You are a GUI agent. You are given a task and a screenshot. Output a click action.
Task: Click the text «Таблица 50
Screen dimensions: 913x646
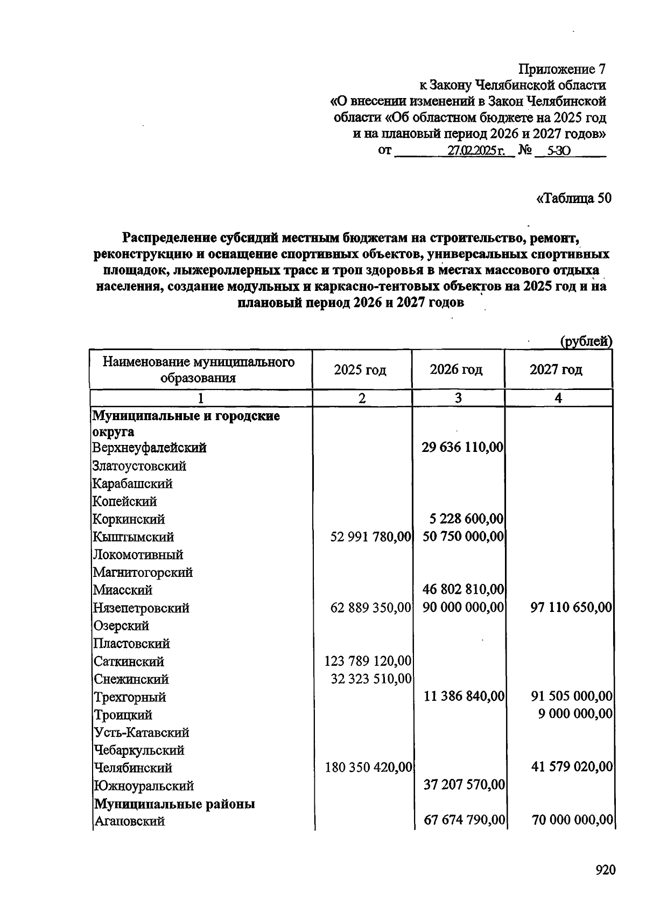tap(574, 198)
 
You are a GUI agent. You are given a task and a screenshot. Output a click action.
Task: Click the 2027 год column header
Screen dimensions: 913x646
tap(556, 370)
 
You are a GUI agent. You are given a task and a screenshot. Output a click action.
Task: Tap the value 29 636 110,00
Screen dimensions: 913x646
tap(462, 447)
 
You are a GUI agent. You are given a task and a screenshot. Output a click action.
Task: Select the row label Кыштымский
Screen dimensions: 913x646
tap(134, 537)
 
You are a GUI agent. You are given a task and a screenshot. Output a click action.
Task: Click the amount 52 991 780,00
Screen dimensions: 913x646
tap(371, 537)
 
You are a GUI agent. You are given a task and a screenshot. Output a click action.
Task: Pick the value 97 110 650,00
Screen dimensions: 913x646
tap(571, 608)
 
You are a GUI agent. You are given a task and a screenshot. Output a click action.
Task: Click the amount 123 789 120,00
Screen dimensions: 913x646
tap(368, 661)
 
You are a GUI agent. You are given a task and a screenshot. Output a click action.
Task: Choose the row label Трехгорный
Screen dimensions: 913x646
tap(130, 697)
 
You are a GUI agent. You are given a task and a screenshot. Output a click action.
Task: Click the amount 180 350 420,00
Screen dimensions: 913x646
tap(368, 767)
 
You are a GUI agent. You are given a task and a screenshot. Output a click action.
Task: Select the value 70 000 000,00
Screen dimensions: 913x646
tap(572, 820)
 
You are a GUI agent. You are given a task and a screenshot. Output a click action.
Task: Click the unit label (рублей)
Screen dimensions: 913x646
tap(586, 341)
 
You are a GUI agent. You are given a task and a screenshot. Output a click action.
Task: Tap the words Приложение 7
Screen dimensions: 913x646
tap(562, 69)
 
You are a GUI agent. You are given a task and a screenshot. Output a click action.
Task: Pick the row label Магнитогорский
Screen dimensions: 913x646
tap(143, 572)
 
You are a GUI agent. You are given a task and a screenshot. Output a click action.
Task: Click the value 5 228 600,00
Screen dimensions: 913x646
tap(467, 519)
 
